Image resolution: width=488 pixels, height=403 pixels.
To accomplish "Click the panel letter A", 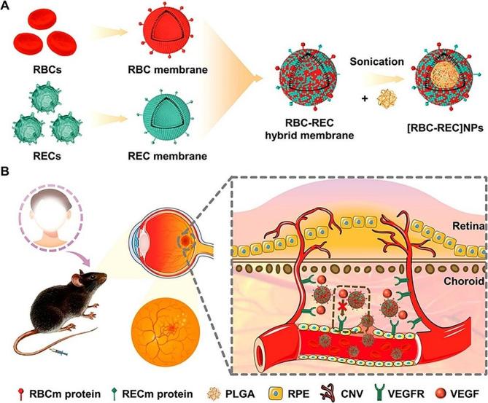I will (8, 7).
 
